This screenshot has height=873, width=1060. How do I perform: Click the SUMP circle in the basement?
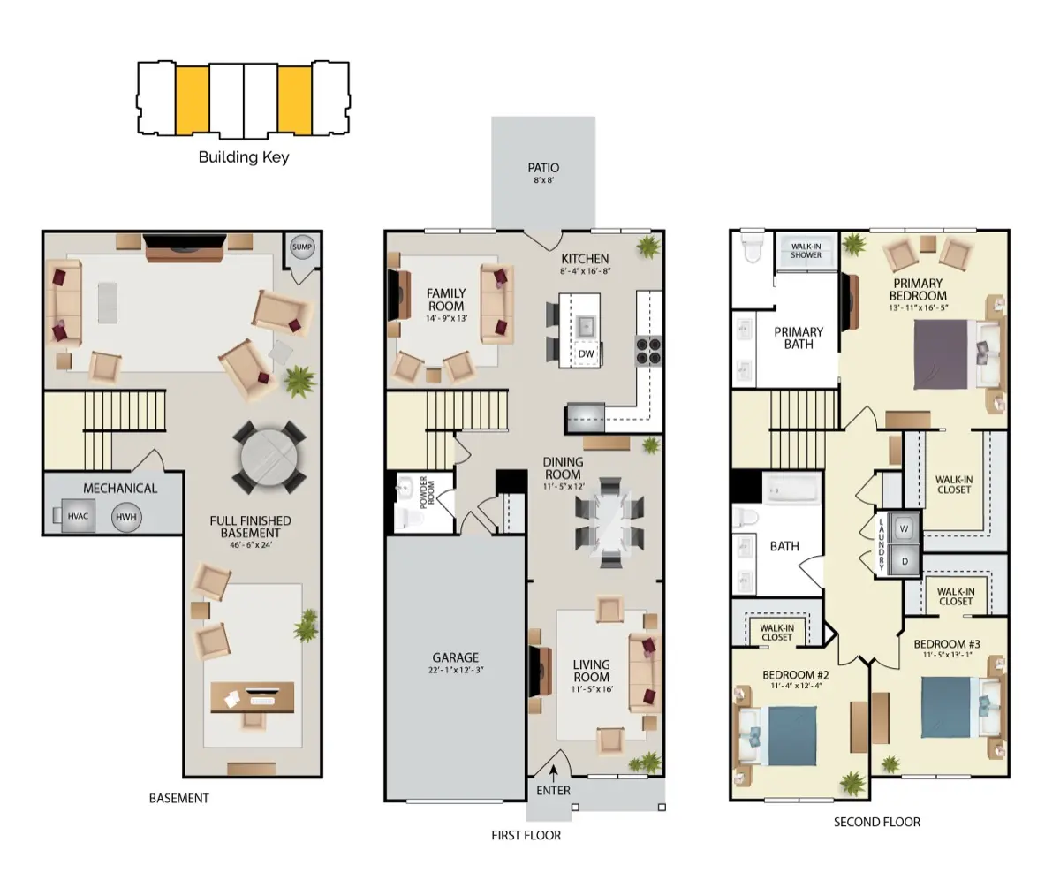pyautogui.click(x=301, y=247)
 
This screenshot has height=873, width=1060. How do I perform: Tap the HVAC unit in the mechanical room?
pyautogui.click(x=78, y=516)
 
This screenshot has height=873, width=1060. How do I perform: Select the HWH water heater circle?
pyautogui.click(x=126, y=517)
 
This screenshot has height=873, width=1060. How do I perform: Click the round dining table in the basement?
pyautogui.click(x=269, y=458)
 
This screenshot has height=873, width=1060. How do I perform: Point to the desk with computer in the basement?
pyautogui.click(x=253, y=697)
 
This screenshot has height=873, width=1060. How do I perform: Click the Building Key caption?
pyautogui.click(x=244, y=157)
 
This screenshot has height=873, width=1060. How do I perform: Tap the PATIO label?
pyautogui.click(x=543, y=168)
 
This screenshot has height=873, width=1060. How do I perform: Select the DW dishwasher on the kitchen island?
pyautogui.click(x=586, y=353)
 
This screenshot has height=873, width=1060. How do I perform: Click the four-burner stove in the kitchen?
pyautogui.click(x=649, y=351)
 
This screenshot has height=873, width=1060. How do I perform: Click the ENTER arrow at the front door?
pyautogui.click(x=553, y=774)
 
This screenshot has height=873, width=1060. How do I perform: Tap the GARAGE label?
pyautogui.click(x=456, y=657)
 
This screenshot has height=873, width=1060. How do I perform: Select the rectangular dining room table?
pyautogui.click(x=609, y=522)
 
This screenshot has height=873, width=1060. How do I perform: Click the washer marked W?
pyautogui.click(x=904, y=528)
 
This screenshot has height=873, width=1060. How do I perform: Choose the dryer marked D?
pyautogui.click(x=905, y=561)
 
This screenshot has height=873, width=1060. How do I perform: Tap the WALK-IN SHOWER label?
pyautogui.click(x=806, y=250)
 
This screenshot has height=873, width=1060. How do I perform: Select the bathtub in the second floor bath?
pyautogui.click(x=792, y=488)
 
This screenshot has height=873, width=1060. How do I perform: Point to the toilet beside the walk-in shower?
pyautogui.click(x=752, y=248)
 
